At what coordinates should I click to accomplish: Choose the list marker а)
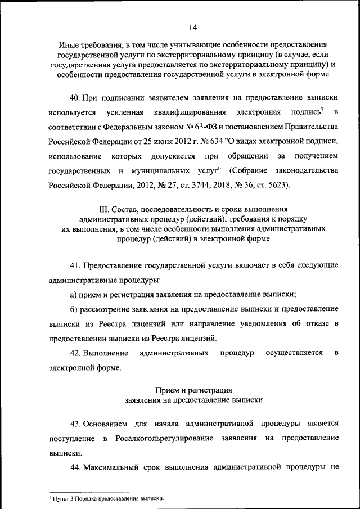point(73,294)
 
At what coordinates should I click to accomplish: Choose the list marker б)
point(73,309)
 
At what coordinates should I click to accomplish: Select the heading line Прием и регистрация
point(193,390)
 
